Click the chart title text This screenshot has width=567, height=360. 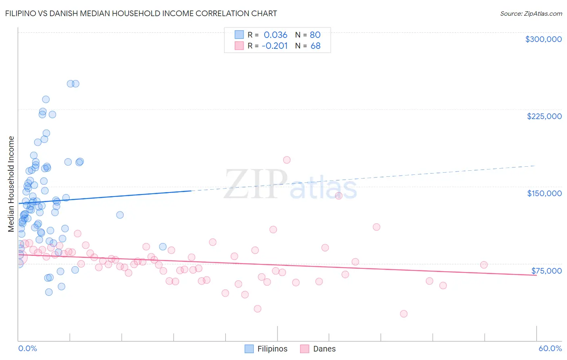point(141,13)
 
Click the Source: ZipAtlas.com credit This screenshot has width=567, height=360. point(531,13)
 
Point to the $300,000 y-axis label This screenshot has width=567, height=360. point(543,39)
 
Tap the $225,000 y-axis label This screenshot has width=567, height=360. point(544,116)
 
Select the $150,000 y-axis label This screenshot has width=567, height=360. point(544,193)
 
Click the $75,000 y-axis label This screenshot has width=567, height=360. point(546,271)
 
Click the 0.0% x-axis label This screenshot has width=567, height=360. point(27,348)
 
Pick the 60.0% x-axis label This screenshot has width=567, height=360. point(550,348)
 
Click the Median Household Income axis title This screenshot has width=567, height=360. point(11,184)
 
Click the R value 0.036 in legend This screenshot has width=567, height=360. point(275,35)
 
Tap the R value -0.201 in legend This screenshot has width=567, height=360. point(275,46)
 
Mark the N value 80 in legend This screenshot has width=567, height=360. point(315,35)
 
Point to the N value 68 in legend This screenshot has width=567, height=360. point(315,46)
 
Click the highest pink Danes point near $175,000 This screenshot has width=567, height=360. point(287,160)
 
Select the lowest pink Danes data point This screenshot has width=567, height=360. point(404,314)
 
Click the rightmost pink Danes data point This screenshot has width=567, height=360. point(484,265)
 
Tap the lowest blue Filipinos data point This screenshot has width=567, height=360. point(49,292)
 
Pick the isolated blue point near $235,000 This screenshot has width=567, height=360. point(46,99)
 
